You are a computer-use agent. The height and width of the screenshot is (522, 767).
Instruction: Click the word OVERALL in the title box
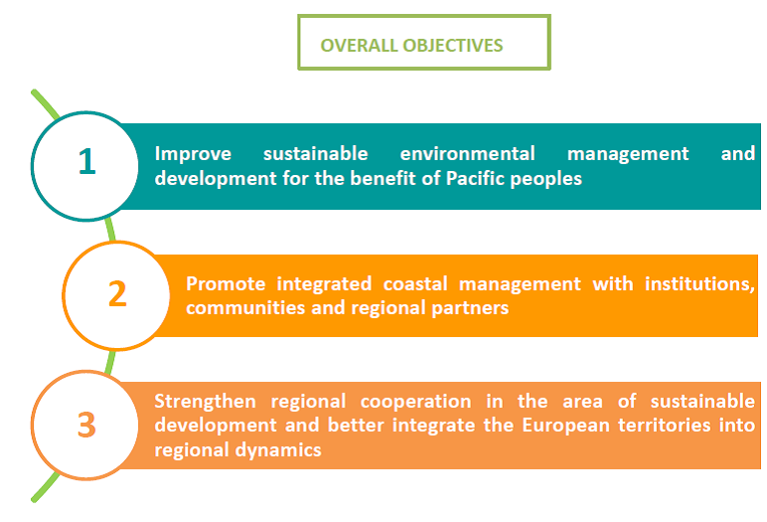coord(359,45)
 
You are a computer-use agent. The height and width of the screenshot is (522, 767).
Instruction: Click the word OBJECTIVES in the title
coord(452,45)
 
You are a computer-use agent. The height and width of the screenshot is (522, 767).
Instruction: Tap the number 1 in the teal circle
coord(86,161)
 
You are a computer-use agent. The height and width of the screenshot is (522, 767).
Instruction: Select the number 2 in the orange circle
coord(117,293)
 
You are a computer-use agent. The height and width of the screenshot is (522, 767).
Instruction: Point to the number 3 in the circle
coord(86,425)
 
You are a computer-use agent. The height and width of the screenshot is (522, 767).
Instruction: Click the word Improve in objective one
coord(193,154)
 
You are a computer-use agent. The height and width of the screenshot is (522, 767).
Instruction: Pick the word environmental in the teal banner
coord(468,154)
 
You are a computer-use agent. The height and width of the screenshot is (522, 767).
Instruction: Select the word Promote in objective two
coord(226,284)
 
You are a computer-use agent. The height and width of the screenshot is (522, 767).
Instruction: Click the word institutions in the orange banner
coord(699,284)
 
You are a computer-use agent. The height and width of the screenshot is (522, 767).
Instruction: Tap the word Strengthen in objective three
coord(205,402)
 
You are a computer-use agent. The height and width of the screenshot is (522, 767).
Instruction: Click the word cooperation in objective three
coord(415,402)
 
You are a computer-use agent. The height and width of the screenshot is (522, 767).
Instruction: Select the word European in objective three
coord(567,426)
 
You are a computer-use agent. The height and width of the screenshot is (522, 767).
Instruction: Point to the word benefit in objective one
coord(383,178)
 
